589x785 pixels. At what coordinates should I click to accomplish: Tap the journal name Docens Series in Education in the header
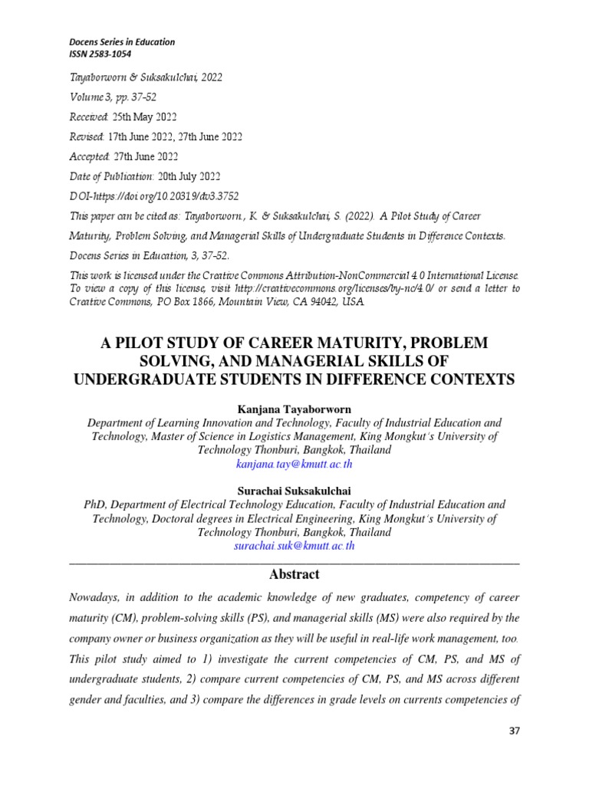coord(111,41)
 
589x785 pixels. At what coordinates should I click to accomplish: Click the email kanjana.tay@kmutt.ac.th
coord(295,465)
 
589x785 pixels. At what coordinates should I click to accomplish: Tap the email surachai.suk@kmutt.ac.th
coord(294,546)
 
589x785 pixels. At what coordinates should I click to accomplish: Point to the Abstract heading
coord(294,574)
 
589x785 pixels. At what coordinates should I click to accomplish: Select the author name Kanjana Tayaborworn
coord(294,409)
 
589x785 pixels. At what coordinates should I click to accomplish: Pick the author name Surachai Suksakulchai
coord(294,491)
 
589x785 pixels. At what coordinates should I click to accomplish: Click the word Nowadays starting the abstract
coord(100,598)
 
